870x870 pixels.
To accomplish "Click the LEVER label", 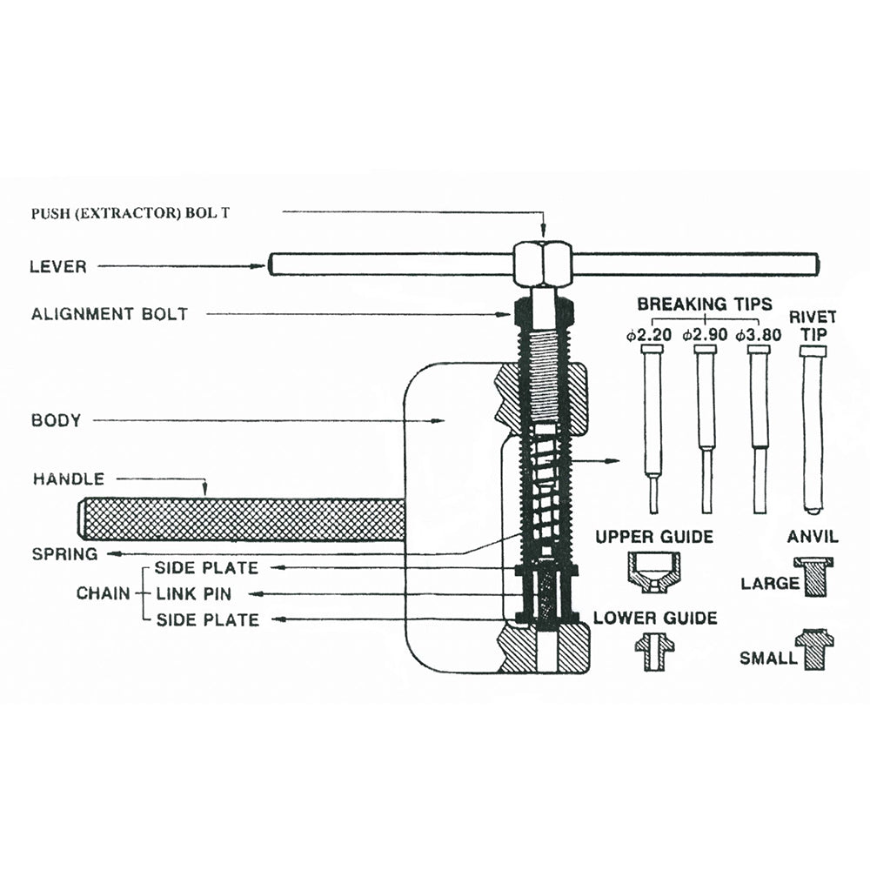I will tap(59, 266).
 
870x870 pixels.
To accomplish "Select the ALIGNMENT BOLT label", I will tap(110, 314).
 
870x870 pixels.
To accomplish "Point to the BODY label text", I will tap(57, 421).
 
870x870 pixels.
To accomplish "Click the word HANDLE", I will tap(69, 478).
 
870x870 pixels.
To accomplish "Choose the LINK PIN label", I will tap(195, 594).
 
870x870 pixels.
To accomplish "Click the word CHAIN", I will tap(104, 594).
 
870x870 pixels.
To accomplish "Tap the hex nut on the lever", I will tap(542, 264).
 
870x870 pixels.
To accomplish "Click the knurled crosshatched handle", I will tap(244, 519).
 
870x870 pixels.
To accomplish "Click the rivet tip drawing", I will tap(813, 426).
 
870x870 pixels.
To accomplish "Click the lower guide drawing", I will tap(654, 650).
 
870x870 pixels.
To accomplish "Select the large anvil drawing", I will tap(813, 576).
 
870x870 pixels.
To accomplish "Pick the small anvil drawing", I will tap(814, 649).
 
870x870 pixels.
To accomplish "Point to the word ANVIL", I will tap(812, 536).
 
